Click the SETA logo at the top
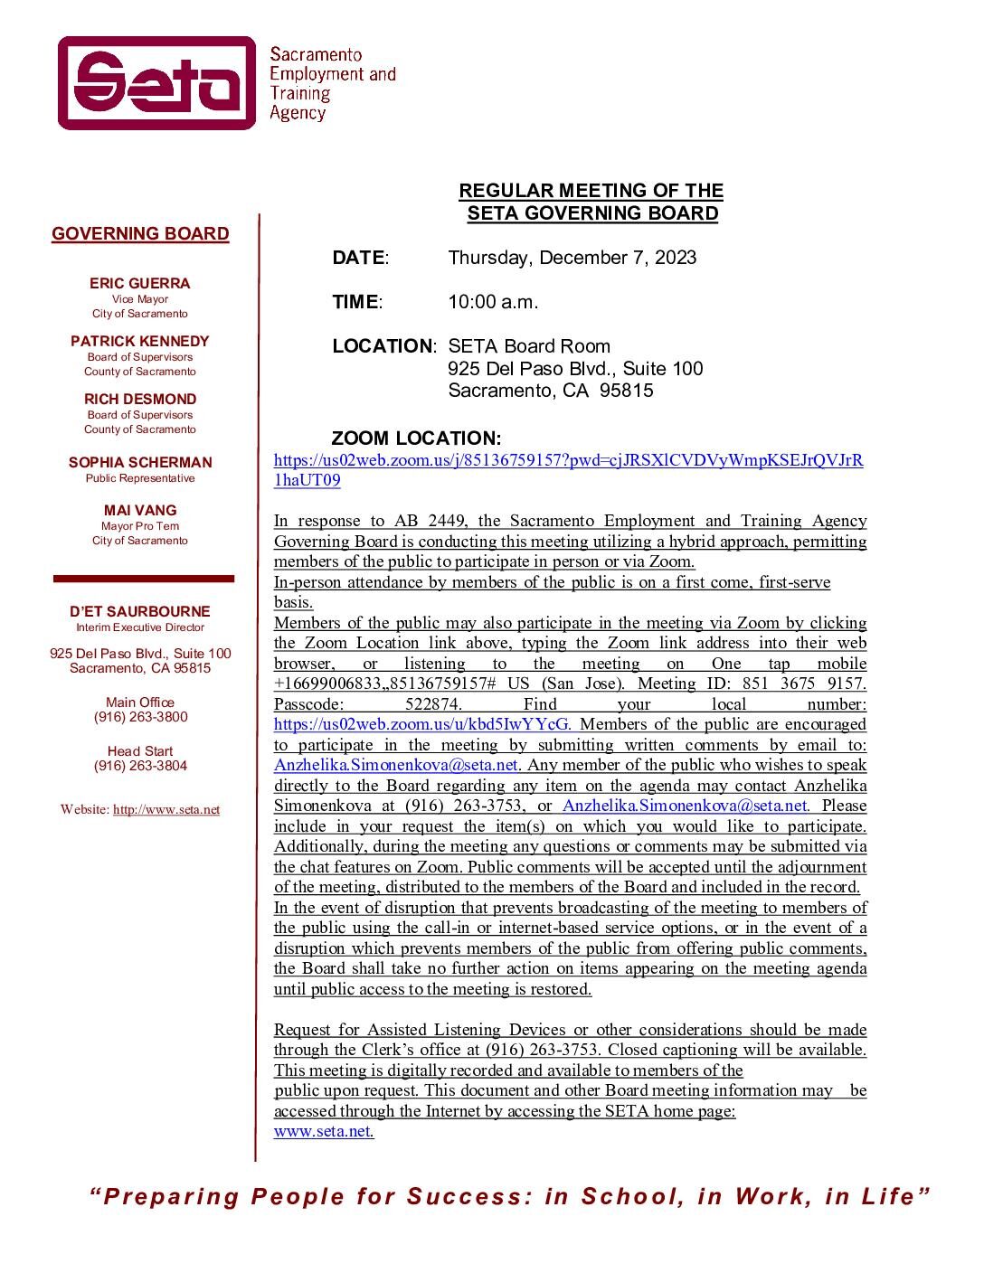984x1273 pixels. click(x=157, y=83)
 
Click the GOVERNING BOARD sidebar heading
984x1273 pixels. click(x=140, y=234)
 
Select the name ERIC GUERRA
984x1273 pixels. click(x=140, y=283)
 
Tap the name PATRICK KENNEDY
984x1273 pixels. click(x=140, y=341)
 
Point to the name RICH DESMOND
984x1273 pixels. click(x=140, y=399)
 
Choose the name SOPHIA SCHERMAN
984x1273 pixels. click(x=140, y=462)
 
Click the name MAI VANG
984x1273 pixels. click(x=140, y=510)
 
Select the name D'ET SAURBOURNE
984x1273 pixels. click(x=140, y=611)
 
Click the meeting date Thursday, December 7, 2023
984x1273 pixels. click(x=572, y=258)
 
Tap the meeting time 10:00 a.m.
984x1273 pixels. click(x=493, y=302)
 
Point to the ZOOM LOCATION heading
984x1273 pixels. click(x=416, y=438)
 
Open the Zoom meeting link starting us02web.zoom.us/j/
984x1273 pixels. click(x=568, y=460)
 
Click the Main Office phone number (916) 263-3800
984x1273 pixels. click(x=140, y=717)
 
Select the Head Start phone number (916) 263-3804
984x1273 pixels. click(x=140, y=766)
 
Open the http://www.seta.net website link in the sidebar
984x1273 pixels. click(x=166, y=810)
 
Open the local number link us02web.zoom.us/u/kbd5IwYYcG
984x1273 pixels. click(x=422, y=724)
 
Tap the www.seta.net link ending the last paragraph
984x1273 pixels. click(x=323, y=1131)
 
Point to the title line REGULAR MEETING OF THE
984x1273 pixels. click(x=591, y=191)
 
